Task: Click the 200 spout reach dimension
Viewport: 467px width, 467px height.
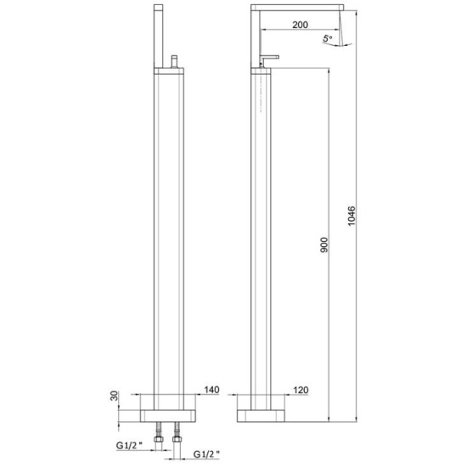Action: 300,25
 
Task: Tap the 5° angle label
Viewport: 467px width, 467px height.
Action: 327,38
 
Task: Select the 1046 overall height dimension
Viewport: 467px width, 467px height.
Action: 352,216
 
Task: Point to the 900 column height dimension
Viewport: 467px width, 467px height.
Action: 324,245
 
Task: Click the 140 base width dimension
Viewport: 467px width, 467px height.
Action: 211,390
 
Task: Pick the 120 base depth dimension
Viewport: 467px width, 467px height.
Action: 301,390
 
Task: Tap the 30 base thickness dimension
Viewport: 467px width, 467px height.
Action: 115,396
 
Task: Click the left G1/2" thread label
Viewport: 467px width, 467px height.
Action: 129,446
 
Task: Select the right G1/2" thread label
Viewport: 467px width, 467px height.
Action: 206,454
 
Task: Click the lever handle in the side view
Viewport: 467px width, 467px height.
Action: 269,59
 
